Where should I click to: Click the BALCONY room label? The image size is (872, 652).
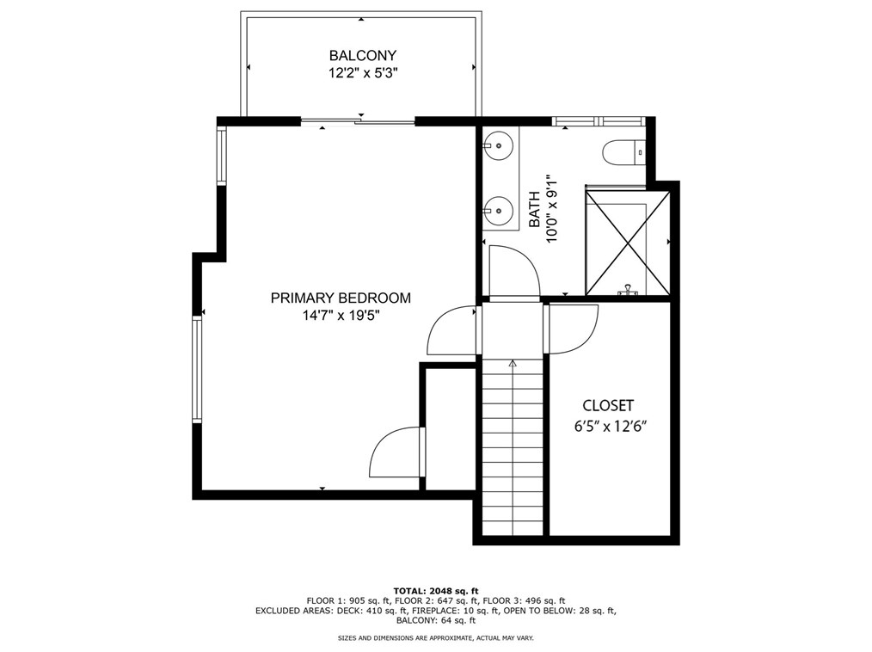tap(363, 56)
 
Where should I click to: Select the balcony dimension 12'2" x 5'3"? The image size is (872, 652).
tap(363, 73)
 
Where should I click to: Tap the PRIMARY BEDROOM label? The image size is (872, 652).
tap(341, 298)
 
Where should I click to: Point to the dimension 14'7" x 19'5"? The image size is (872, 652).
tap(341, 316)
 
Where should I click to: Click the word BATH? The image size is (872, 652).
tap(534, 209)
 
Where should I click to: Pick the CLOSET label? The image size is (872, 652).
tap(608, 405)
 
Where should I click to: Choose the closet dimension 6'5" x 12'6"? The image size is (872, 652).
tap(611, 427)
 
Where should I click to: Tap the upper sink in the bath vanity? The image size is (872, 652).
tap(498, 145)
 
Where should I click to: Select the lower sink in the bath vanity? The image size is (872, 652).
tap(498, 211)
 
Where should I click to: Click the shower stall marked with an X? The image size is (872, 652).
tap(627, 243)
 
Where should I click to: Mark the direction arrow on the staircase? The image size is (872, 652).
tap(513, 363)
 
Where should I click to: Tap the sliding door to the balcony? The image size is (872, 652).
tap(358, 120)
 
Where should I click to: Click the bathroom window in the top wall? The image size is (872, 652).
tap(599, 120)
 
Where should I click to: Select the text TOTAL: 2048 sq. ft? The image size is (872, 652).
tap(436, 591)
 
